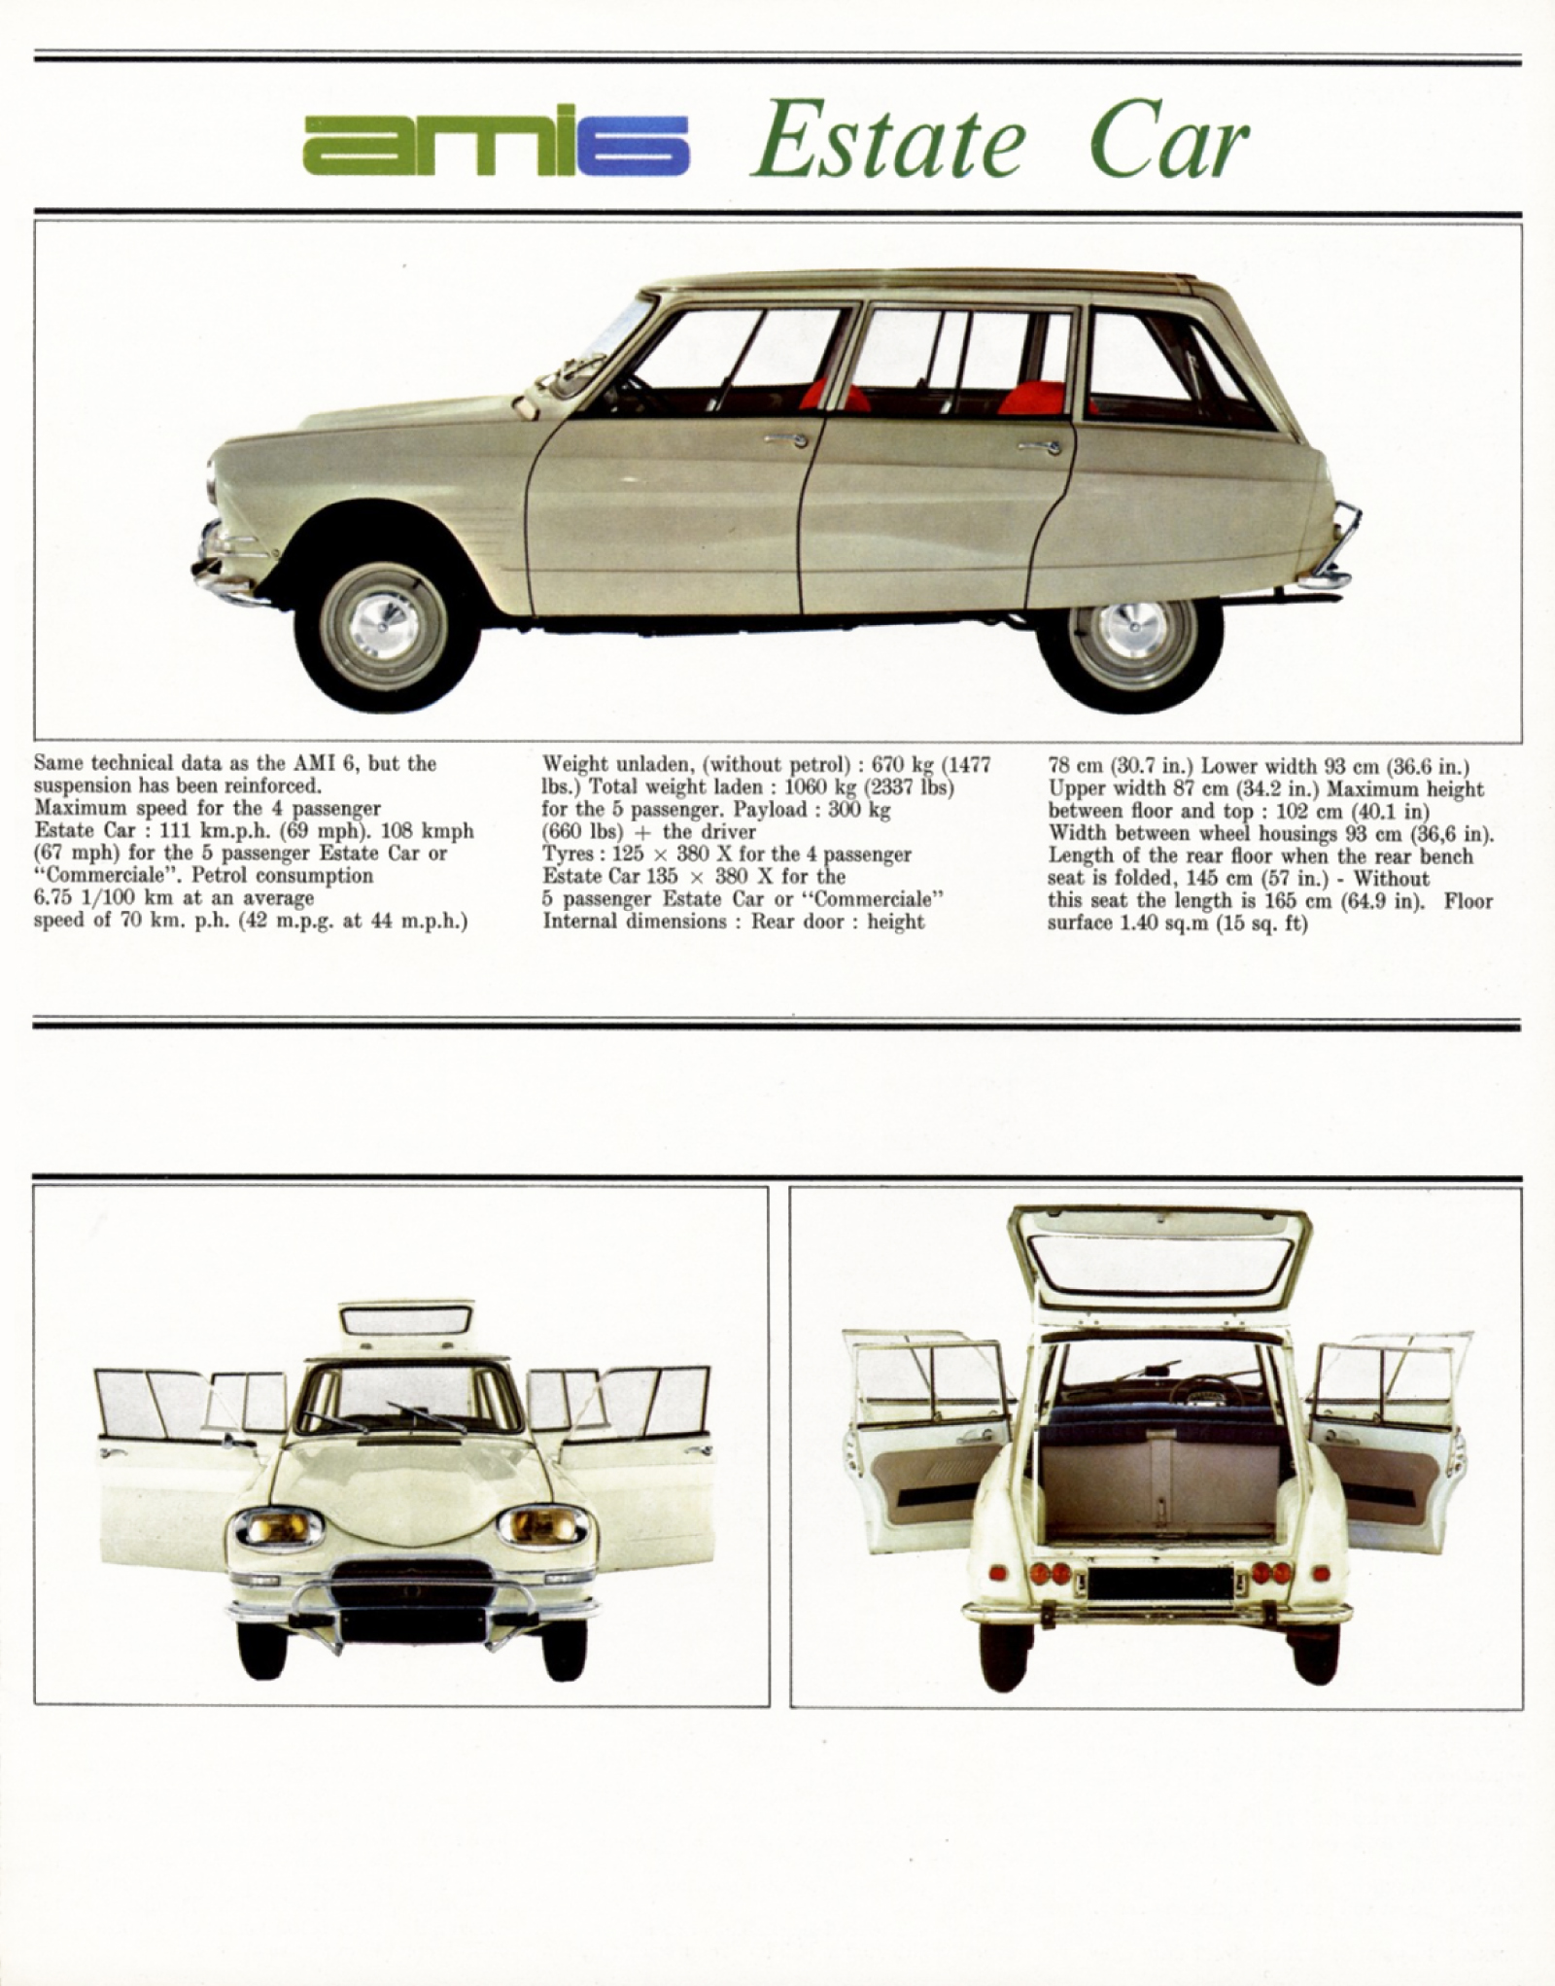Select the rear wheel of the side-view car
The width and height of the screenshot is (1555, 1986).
pyautogui.click(x=1131, y=642)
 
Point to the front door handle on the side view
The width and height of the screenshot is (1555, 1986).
pyautogui.click(x=786, y=440)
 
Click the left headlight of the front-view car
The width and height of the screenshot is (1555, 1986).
pyautogui.click(x=279, y=1527)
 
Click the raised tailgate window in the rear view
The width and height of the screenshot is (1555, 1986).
pyautogui.click(x=1162, y=1260)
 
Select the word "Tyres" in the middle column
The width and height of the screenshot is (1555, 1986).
pyautogui.click(x=569, y=855)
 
